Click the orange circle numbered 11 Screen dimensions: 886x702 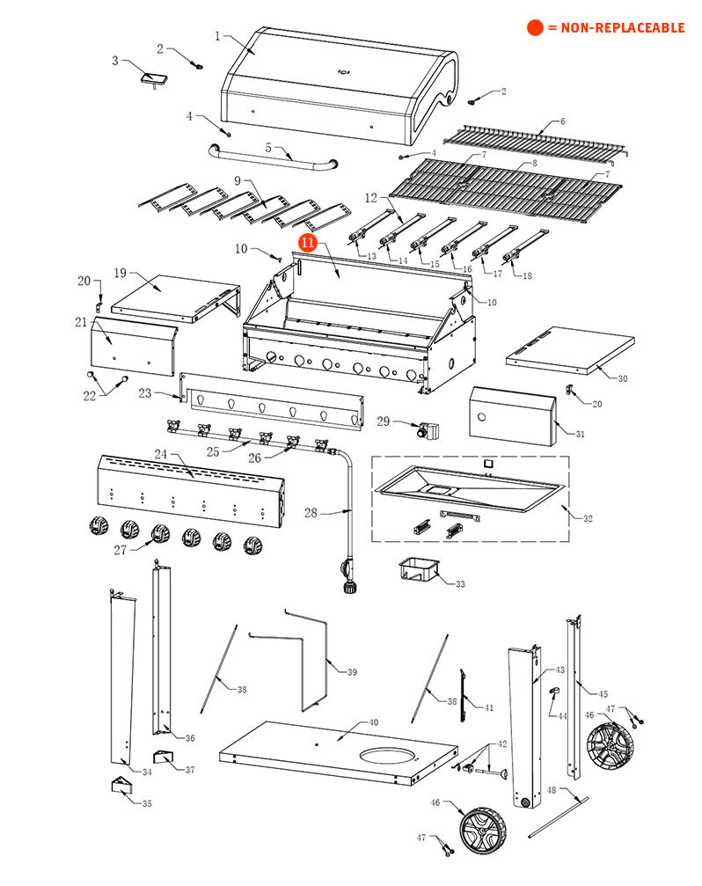pyautogui.click(x=307, y=242)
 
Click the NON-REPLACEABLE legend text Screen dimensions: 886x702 pyautogui.click(x=615, y=28)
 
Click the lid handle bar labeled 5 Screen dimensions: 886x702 pyautogui.click(x=273, y=160)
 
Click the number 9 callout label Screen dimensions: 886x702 pyautogui.click(x=238, y=181)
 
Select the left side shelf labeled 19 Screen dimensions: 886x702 pyautogui.click(x=172, y=296)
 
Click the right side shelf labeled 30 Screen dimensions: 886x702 pyautogui.click(x=572, y=349)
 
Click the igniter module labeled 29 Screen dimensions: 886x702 pyautogui.click(x=428, y=432)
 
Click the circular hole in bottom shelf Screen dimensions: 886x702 pyautogui.click(x=387, y=757)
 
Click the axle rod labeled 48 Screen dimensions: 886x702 pyautogui.click(x=559, y=813)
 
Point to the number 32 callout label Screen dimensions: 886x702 pyautogui.click(x=588, y=518)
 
